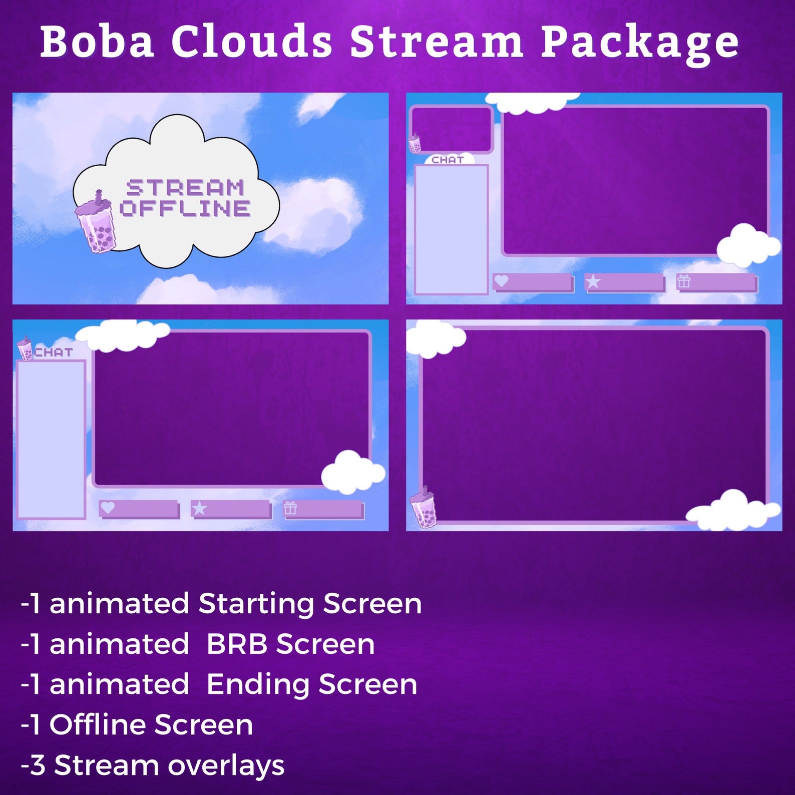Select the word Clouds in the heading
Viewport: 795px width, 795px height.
pyautogui.click(x=251, y=41)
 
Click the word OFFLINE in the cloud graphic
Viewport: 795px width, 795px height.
pyautogui.click(x=185, y=208)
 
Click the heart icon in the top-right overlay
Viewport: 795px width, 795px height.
pyautogui.click(x=501, y=281)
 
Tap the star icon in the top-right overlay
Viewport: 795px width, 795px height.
pyautogui.click(x=593, y=281)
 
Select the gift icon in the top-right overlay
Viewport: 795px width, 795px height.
pyautogui.click(x=684, y=281)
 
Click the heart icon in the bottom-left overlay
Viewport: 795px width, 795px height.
pyautogui.click(x=108, y=508)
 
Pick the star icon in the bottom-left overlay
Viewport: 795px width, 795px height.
pyautogui.click(x=199, y=509)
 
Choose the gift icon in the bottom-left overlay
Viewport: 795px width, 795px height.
pyautogui.click(x=290, y=509)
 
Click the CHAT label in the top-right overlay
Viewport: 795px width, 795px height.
pyautogui.click(x=448, y=160)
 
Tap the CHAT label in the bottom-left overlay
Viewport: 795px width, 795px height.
pyautogui.click(x=54, y=352)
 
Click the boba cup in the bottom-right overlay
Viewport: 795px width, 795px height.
pyautogui.click(x=424, y=509)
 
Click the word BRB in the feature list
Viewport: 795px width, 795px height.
pyautogui.click(x=237, y=644)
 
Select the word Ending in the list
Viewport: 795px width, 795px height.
pyautogui.click(x=257, y=685)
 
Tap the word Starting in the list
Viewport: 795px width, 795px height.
pyautogui.click(x=256, y=604)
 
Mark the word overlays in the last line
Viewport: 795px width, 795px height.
pyautogui.click(x=226, y=765)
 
